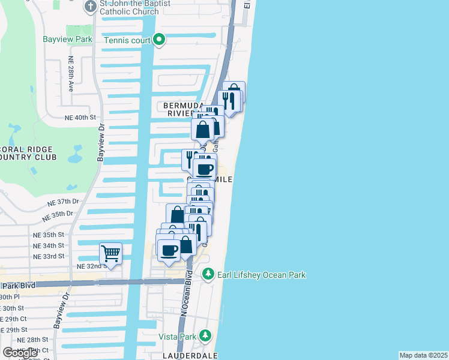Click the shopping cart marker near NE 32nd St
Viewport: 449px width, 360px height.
(x=111, y=253)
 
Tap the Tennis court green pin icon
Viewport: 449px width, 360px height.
(x=159, y=40)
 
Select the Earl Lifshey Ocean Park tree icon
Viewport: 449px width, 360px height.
(x=208, y=274)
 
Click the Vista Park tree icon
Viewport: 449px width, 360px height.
(x=205, y=335)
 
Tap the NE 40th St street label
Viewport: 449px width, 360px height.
(x=80, y=117)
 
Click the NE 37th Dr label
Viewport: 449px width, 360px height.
(x=64, y=202)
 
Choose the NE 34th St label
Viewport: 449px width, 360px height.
(x=49, y=245)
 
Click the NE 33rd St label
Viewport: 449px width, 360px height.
(x=49, y=256)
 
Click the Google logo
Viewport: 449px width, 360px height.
(x=20, y=353)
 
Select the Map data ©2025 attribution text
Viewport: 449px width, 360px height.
(x=423, y=355)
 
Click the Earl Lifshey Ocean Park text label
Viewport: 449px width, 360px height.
(x=261, y=275)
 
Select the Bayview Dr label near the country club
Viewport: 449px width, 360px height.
(x=100, y=144)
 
